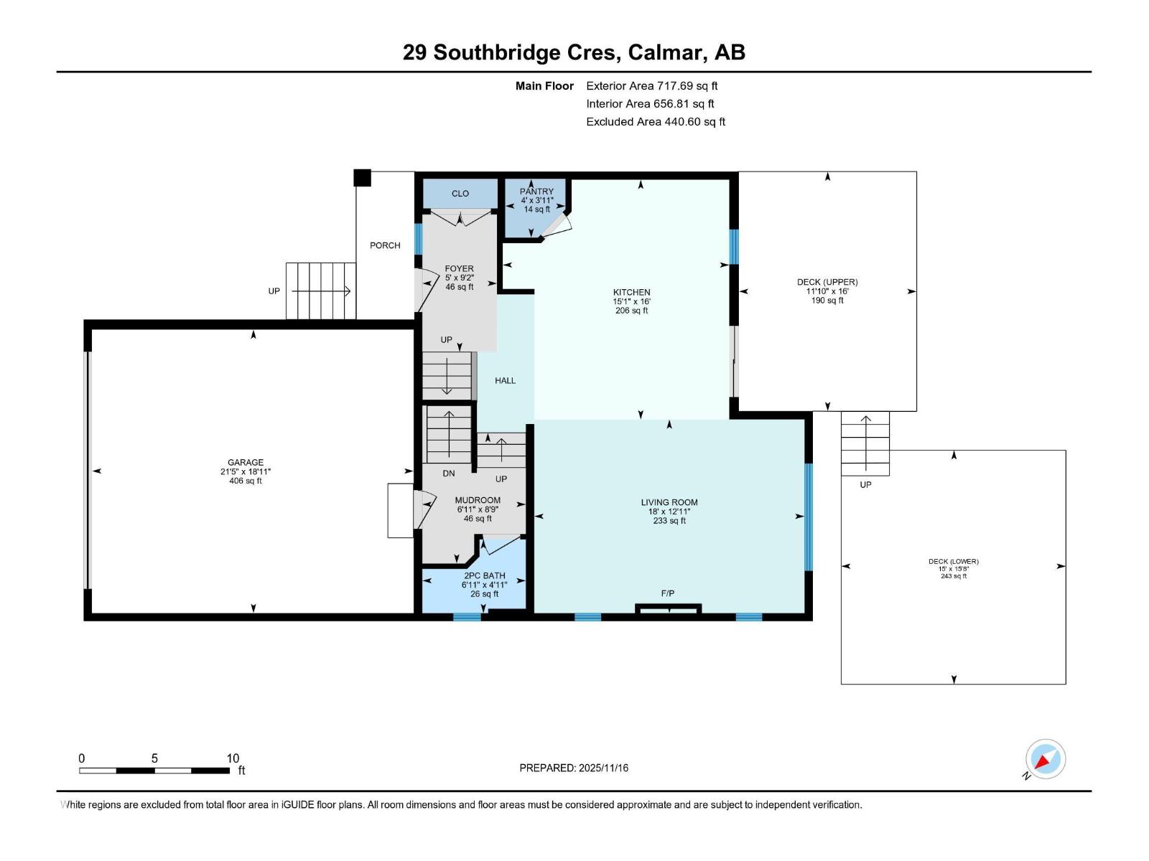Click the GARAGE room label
pos(246,463)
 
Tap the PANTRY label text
pos(536,192)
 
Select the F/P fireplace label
pos(668,593)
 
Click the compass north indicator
pos(1046,759)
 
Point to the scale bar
pos(154,771)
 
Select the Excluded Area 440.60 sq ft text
pos(655,122)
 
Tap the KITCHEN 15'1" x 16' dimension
pos(631,302)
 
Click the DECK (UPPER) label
pos(827,282)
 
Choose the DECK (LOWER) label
pos(953,562)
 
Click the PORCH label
pos(385,245)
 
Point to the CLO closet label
pos(460,194)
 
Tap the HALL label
pos(505,381)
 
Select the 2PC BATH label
pos(485,575)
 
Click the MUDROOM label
pos(478,500)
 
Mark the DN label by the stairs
pos(449,474)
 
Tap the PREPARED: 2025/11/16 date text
pos(574,768)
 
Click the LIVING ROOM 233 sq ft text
pos(669,521)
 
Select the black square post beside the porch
pos(362,177)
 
